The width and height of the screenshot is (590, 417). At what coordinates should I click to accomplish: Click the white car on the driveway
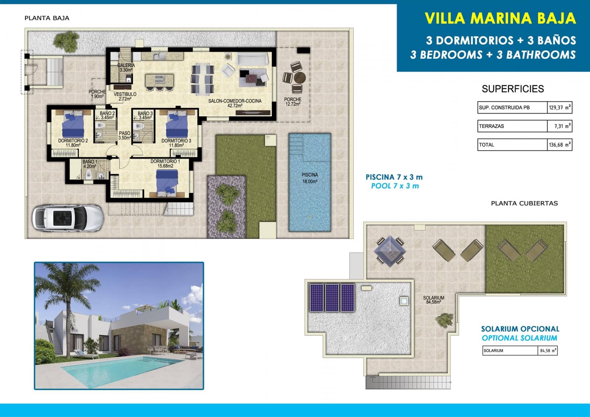(x=67, y=218)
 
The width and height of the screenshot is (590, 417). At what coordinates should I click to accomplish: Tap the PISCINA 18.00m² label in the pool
(x=310, y=178)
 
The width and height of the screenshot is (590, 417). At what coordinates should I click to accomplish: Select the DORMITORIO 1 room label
(x=165, y=164)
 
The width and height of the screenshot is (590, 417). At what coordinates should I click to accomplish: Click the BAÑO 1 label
(x=90, y=164)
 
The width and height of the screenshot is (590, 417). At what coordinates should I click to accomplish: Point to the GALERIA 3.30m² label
(x=126, y=67)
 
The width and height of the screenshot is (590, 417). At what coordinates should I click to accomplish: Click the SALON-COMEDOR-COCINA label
(x=235, y=103)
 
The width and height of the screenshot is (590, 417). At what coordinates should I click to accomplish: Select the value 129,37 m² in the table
(x=559, y=108)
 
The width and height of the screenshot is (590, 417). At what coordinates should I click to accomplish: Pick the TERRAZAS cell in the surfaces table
(x=512, y=126)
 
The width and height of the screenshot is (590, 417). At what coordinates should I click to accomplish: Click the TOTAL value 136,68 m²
(x=559, y=145)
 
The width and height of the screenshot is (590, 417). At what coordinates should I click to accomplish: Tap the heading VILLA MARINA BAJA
(x=500, y=18)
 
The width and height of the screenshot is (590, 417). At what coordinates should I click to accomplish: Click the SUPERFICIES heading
(x=513, y=89)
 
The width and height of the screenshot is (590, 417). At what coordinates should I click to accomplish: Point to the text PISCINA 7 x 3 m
(x=394, y=177)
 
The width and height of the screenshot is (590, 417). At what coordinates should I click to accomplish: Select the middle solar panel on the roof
(x=332, y=298)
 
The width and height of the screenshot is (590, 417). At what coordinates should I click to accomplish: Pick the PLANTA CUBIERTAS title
(x=524, y=203)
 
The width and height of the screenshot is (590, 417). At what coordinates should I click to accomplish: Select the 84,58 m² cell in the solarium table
(x=548, y=351)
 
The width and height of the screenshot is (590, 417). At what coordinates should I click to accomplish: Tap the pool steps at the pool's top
(x=296, y=145)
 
